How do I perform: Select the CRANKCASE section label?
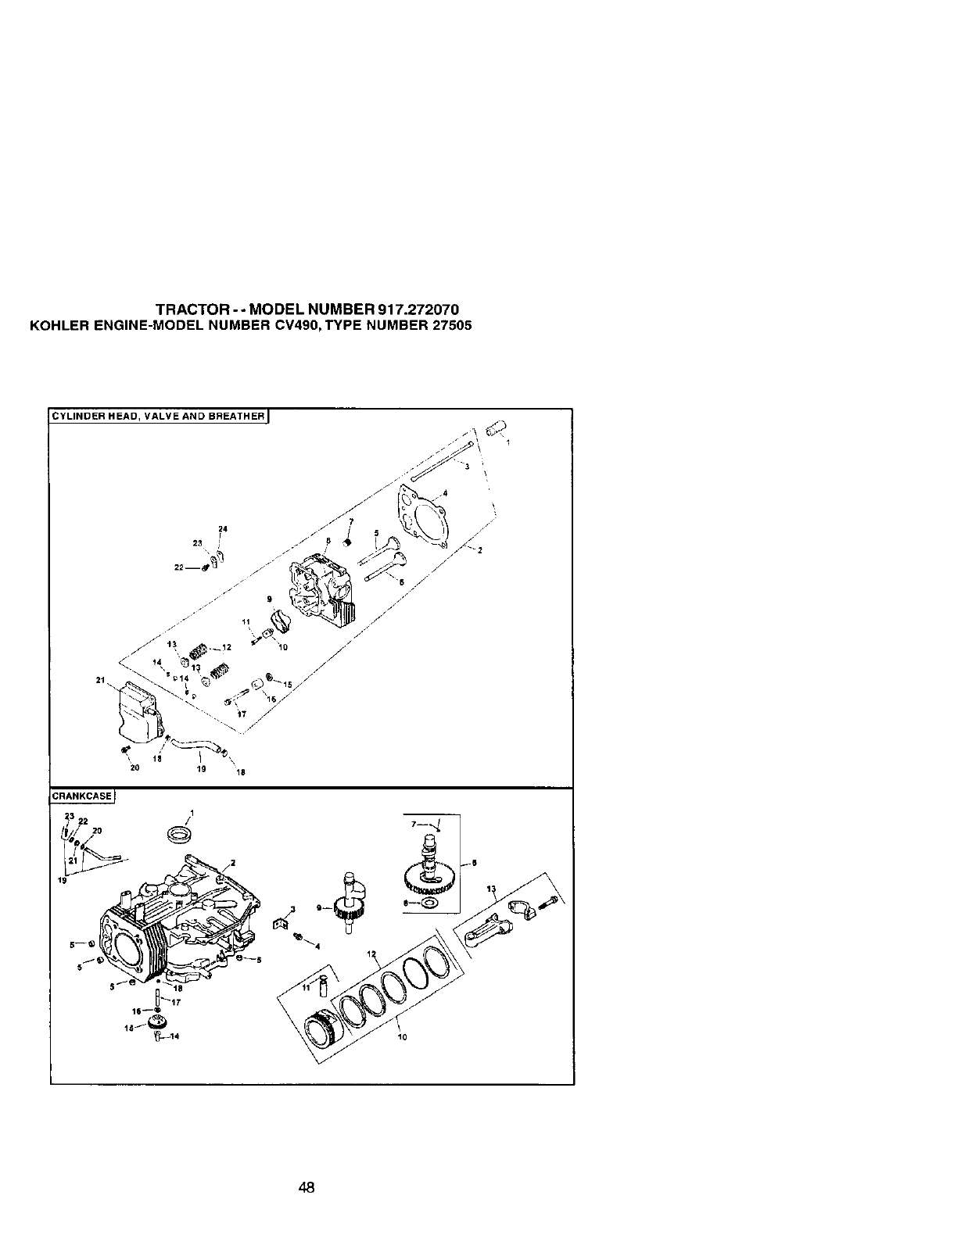pos(82,796)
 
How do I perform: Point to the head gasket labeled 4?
pos(423,517)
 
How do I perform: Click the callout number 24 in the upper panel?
pos(222,529)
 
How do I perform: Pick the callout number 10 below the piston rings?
pos(403,1038)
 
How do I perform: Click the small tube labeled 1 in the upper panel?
pos(496,429)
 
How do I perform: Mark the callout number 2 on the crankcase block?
pos(233,864)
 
